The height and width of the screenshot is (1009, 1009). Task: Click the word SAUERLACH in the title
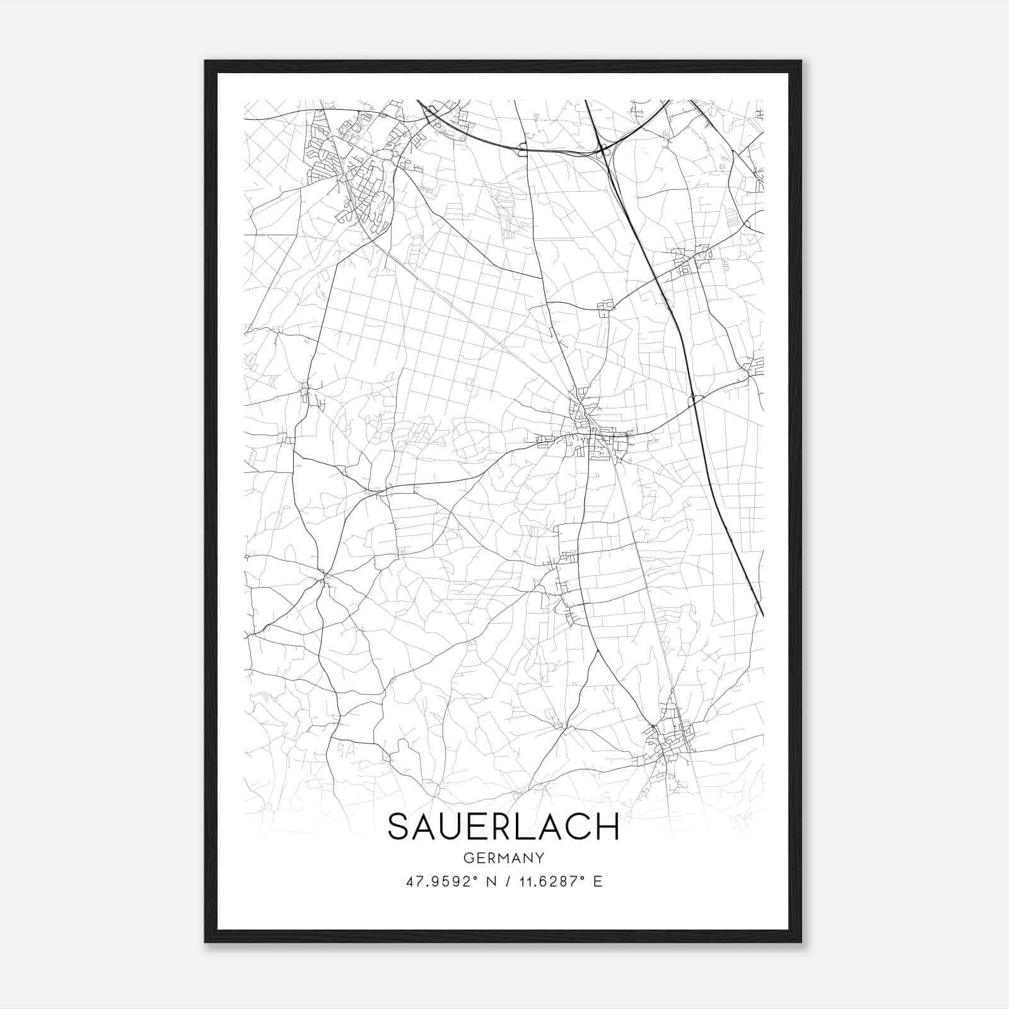503,827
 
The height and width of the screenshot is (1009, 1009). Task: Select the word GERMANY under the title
503,858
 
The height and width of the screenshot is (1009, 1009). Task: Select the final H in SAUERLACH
606,827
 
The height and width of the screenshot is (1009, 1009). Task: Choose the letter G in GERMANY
468,858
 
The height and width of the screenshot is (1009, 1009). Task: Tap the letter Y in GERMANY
540,858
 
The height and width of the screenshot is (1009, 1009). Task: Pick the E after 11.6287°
598,882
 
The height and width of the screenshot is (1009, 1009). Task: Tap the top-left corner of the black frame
206,62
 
